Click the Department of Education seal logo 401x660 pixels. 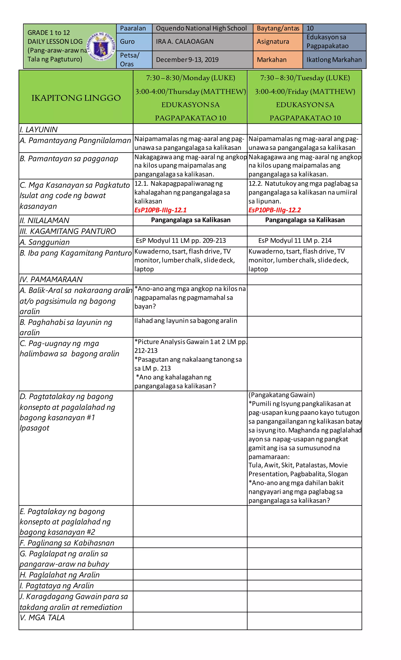pyautogui.click(x=101, y=46)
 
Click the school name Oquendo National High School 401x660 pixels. pyautogui.click(x=201, y=28)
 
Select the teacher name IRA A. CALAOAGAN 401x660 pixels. pyautogui.click(x=185, y=41)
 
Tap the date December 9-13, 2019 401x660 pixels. pyautogui.click(x=187, y=59)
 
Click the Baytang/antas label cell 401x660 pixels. pyautogui.click(x=278, y=28)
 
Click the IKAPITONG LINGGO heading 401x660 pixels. pyautogui.click(x=76, y=98)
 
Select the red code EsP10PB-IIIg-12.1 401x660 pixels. pyautogui.click(x=160, y=210)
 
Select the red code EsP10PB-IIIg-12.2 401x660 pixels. pyautogui.click(x=275, y=210)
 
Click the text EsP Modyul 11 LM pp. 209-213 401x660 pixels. pyautogui.click(x=181, y=240)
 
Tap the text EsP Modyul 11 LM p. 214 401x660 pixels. pyautogui.click(x=295, y=240)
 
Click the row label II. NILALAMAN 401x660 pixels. pyautogui.click(x=44, y=221)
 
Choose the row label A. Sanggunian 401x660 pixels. pyautogui.click(x=44, y=242)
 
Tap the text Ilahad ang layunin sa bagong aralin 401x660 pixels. pyautogui.click(x=185, y=321)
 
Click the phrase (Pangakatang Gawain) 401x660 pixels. pyautogui.click(x=281, y=395)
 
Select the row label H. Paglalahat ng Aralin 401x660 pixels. pyautogui.click(x=60, y=575)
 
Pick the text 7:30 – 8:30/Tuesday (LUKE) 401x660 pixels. pyautogui.click(x=305, y=78)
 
